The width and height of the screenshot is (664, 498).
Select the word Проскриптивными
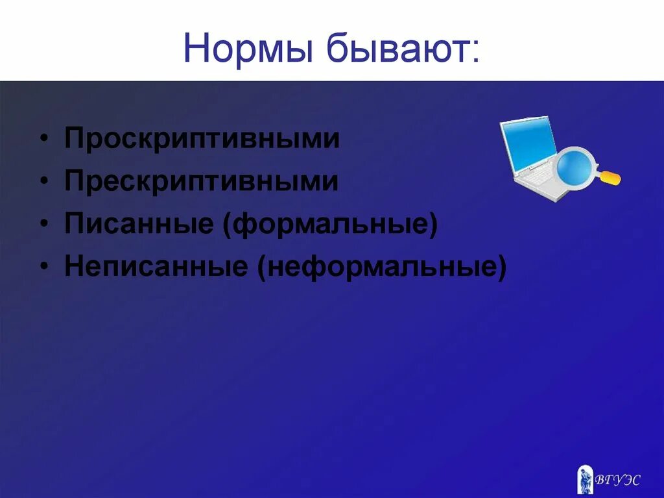[202, 139]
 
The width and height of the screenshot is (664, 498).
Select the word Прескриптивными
[201, 182]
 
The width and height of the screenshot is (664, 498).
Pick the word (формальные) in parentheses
[330, 225]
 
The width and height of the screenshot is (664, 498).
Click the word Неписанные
[156, 268]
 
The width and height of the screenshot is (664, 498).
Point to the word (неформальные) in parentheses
[381, 268]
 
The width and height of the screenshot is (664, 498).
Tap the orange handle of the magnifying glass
[610, 177]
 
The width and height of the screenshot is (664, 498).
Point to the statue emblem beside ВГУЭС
[585, 479]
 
